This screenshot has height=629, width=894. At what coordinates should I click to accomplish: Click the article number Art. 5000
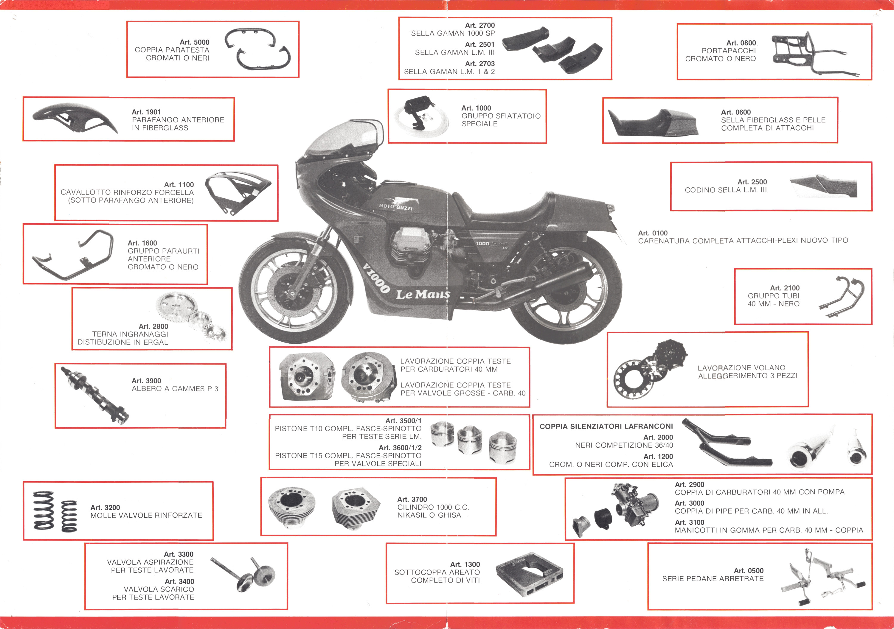pyautogui.click(x=194, y=42)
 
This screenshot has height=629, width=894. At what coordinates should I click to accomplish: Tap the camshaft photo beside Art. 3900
pyautogui.click(x=95, y=396)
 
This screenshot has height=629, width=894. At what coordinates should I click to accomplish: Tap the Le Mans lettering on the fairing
pyautogui.click(x=423, y=294)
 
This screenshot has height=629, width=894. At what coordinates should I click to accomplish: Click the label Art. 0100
pyautogui.click(x=653, y=233)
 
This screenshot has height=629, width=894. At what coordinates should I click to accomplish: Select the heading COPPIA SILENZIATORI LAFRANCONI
pyautogui.click(x=606, y=426)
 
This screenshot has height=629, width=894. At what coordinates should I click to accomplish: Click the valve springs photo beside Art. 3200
pyautogui.click(x=55, y=511)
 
